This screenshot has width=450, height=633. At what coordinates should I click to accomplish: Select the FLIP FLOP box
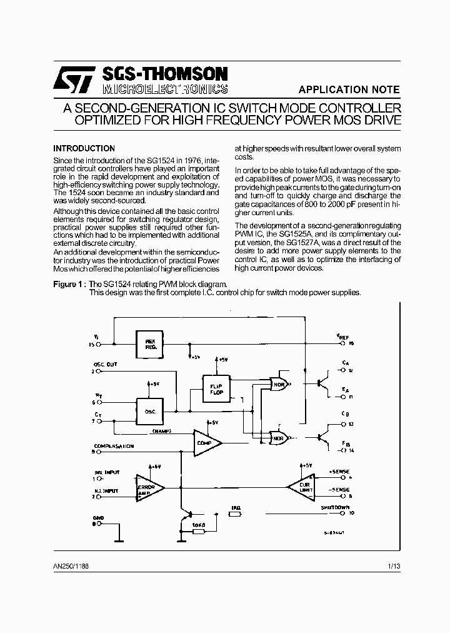point(215,389)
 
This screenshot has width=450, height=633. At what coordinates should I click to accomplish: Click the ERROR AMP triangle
point(149,489)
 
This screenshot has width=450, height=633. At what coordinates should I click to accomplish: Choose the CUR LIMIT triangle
point(303,487)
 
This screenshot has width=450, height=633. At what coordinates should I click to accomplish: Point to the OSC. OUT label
point(105,365)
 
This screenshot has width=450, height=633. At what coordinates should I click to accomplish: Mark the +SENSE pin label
point(340,471)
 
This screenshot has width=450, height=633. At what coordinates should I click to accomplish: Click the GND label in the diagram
point(97,518)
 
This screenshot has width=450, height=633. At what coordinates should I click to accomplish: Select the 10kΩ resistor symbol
point(199,531)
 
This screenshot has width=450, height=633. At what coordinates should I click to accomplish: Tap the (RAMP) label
point(162,432)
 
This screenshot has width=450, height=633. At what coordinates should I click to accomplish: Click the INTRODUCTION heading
point(84,148)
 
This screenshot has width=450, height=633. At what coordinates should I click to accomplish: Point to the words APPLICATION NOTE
point(349,89)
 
